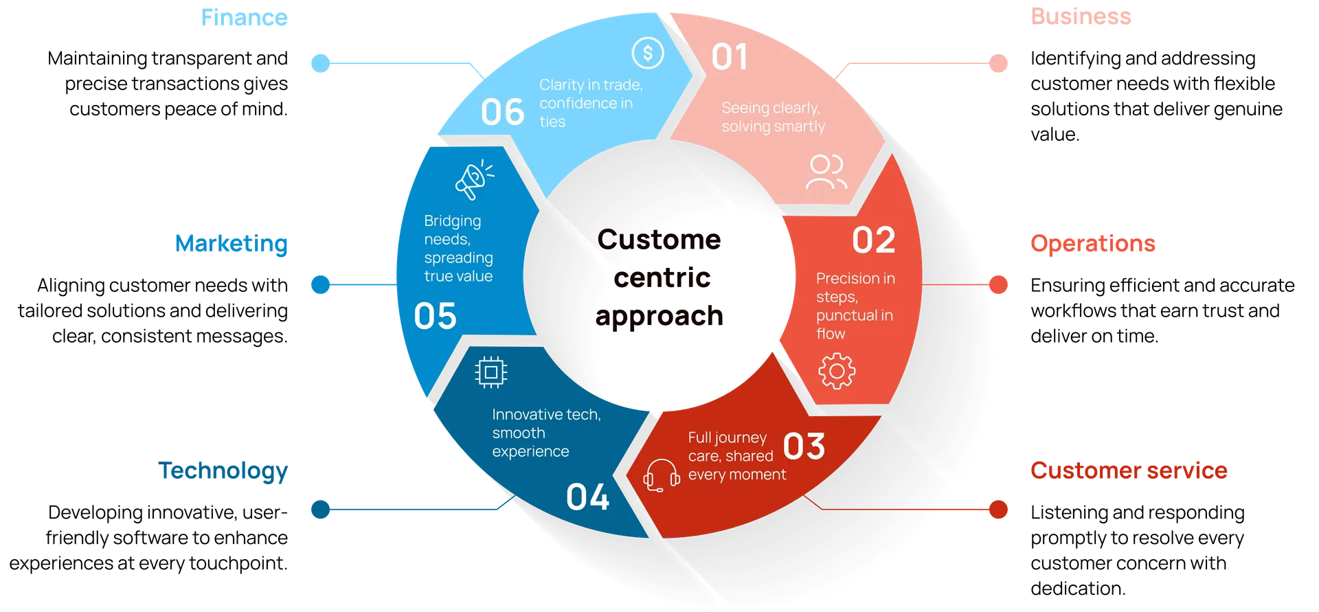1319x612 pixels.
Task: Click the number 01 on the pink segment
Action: tap(729, 57)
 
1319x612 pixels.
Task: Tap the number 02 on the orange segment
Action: tap(873, 240)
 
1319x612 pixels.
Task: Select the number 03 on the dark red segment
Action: tap(804, 446)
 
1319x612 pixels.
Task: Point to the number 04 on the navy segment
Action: tap(587, 497)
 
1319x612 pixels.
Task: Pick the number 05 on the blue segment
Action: tap(435, 317)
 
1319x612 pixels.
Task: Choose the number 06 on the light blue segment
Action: tap(502, 112)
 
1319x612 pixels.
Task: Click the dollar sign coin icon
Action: tap(647, 53)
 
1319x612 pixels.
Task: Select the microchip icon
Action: tap(491, 372)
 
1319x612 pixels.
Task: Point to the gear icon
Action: tap(837, 372)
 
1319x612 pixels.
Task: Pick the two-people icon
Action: tap(826, 172)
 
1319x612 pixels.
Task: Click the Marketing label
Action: tap(232, 243)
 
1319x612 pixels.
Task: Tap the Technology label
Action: tap(223, 471)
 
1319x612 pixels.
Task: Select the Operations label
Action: tap(1092, 243)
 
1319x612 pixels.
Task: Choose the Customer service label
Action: tap(1129, 471)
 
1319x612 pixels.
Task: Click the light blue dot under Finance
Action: tap(321, 63)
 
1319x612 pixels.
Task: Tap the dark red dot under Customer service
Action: tap(998, 510)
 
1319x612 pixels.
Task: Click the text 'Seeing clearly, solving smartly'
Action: tap(772, 117)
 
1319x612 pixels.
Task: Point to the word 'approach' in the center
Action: tap(659, 316)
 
